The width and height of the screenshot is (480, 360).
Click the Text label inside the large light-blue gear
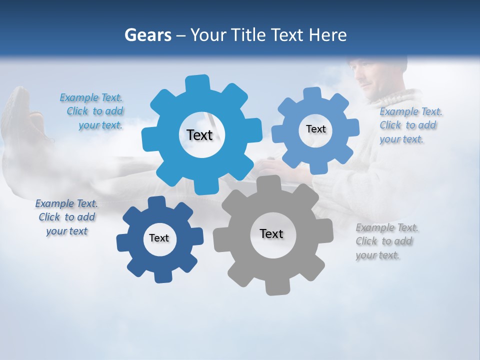point(199,135)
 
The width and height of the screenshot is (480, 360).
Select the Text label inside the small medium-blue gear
point(315,129)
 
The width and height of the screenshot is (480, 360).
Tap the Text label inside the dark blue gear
point(159,238)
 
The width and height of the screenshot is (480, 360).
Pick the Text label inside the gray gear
point(271,233)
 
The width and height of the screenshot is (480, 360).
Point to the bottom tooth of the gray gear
point(273,287)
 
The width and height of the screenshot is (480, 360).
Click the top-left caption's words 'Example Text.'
point(91,97)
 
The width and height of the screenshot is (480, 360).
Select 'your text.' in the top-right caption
point(401,139)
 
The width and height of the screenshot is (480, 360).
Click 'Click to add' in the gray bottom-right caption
point(384,241)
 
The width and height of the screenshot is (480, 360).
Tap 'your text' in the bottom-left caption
point(67,231)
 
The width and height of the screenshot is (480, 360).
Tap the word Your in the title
point(207,35)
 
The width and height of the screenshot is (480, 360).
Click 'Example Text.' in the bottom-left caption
point(66,203)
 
